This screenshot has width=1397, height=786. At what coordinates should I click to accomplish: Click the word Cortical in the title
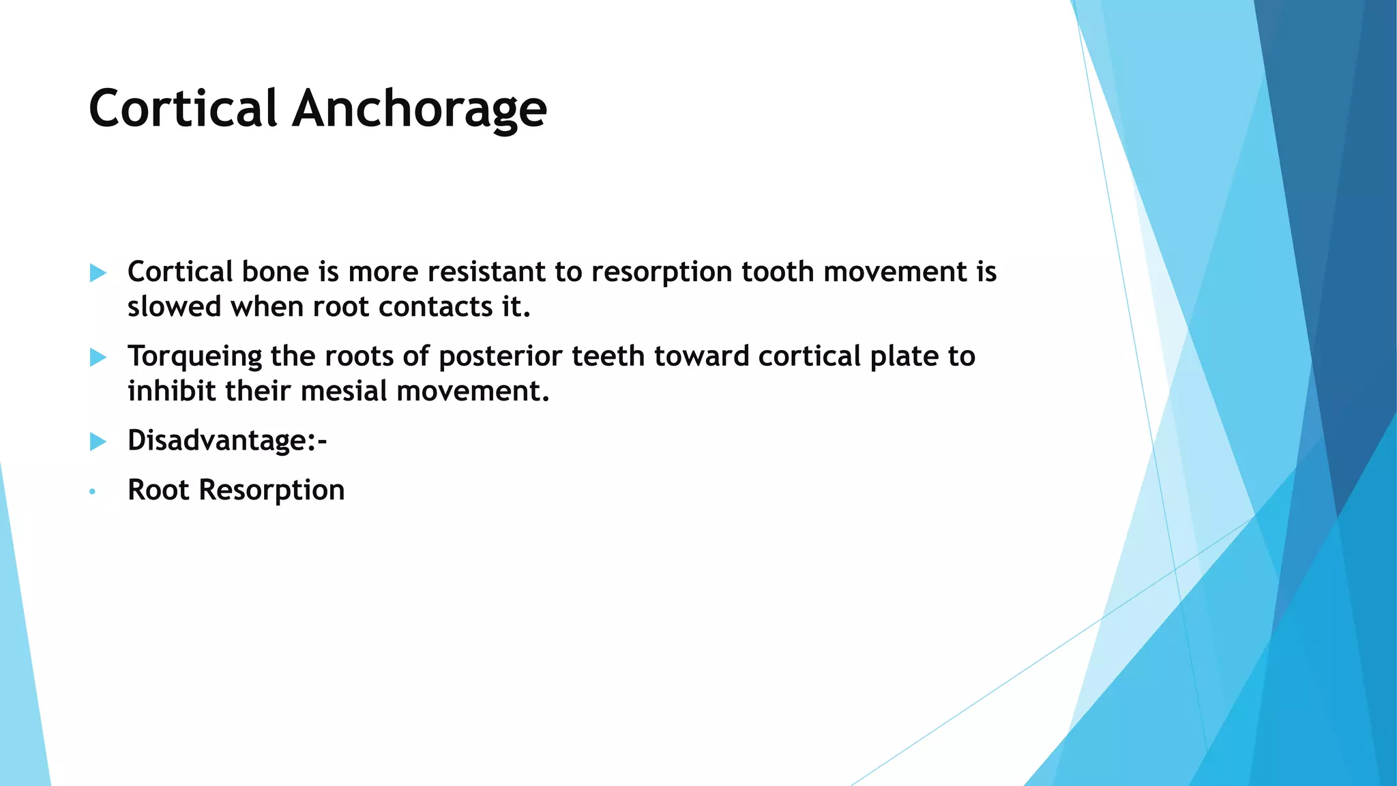click(183, 108)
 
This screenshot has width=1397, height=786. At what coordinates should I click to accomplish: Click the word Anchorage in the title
click(420, 108)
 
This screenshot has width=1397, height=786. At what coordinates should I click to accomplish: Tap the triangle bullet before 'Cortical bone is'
click(98, 274)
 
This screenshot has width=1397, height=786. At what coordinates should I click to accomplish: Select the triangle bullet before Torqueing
click(98, 358)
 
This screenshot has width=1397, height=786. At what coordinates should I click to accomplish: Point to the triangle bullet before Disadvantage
click(98, 441)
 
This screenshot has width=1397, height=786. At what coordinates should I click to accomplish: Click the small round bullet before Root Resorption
click(93, 492)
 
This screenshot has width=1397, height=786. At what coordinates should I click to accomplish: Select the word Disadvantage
click(218, 440)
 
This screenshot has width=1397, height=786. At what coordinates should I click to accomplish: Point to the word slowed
click(175, 307)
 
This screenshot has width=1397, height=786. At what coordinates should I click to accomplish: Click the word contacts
click(435, 307)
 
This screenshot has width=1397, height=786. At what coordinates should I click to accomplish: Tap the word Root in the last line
click(158, 491)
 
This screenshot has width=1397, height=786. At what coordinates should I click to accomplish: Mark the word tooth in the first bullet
click(778, 272)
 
